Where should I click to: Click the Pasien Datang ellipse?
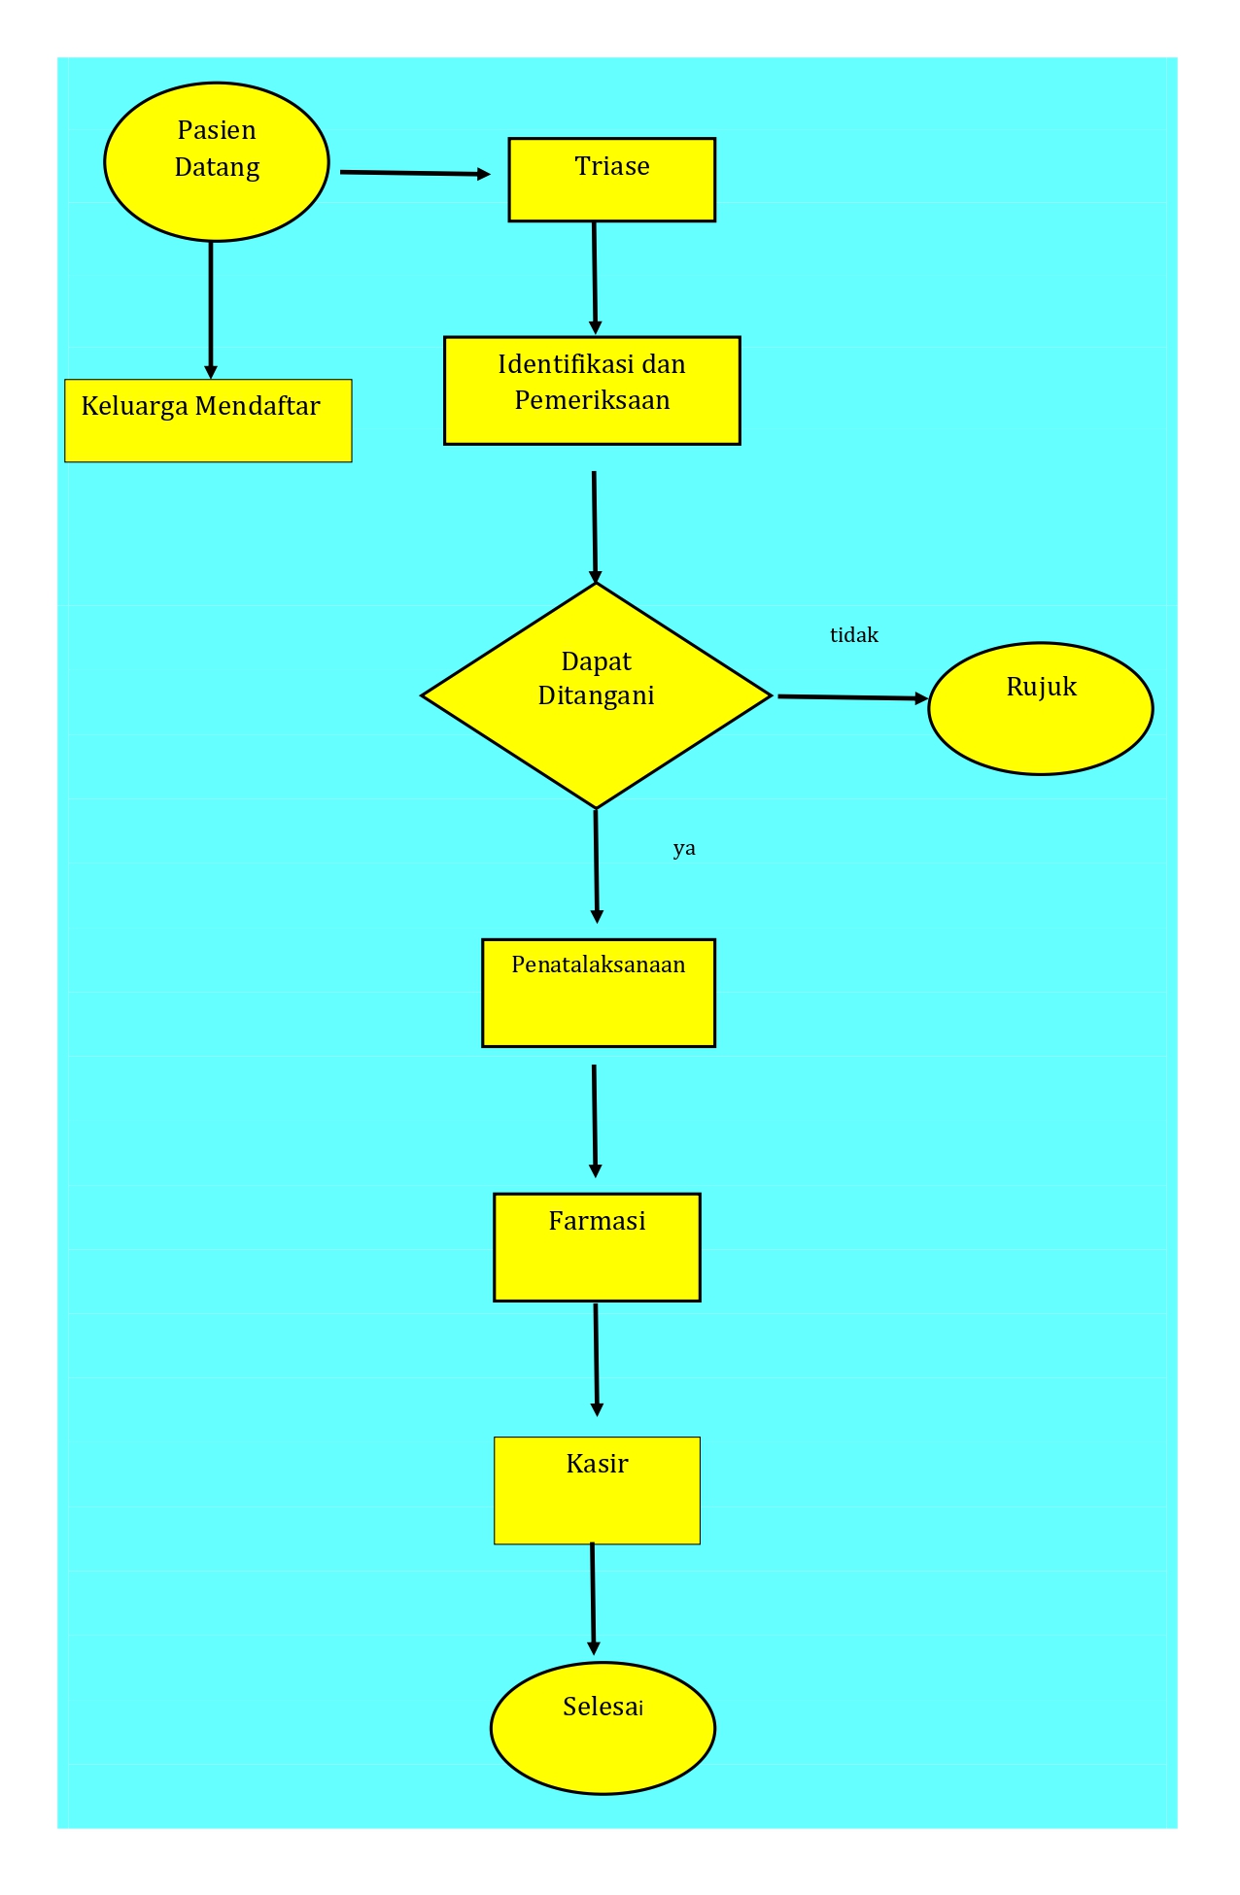point(217,161)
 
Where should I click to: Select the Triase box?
point(612,180)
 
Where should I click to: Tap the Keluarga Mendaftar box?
point(208,421)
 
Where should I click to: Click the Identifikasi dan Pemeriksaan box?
point(592,390)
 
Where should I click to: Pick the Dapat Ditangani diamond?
point(597,695)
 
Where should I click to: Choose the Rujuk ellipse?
point(1041,708)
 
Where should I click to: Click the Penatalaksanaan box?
point(599,993)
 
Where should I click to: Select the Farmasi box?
point(597,1247)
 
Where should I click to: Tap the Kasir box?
point(597,1490)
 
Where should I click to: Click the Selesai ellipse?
point(603,1728)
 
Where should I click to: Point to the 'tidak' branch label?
point(854,635)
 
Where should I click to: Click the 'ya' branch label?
point(684,849)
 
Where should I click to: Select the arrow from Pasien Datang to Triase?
point(416,173)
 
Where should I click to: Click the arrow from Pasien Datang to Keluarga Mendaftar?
point(211,310)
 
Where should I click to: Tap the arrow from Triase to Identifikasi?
point(595,278)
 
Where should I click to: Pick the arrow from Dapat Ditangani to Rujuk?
point(853,697)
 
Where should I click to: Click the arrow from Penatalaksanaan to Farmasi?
point(595,1121)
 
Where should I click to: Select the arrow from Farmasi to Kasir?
point(597,1360)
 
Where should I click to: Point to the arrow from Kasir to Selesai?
point(593,1599)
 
